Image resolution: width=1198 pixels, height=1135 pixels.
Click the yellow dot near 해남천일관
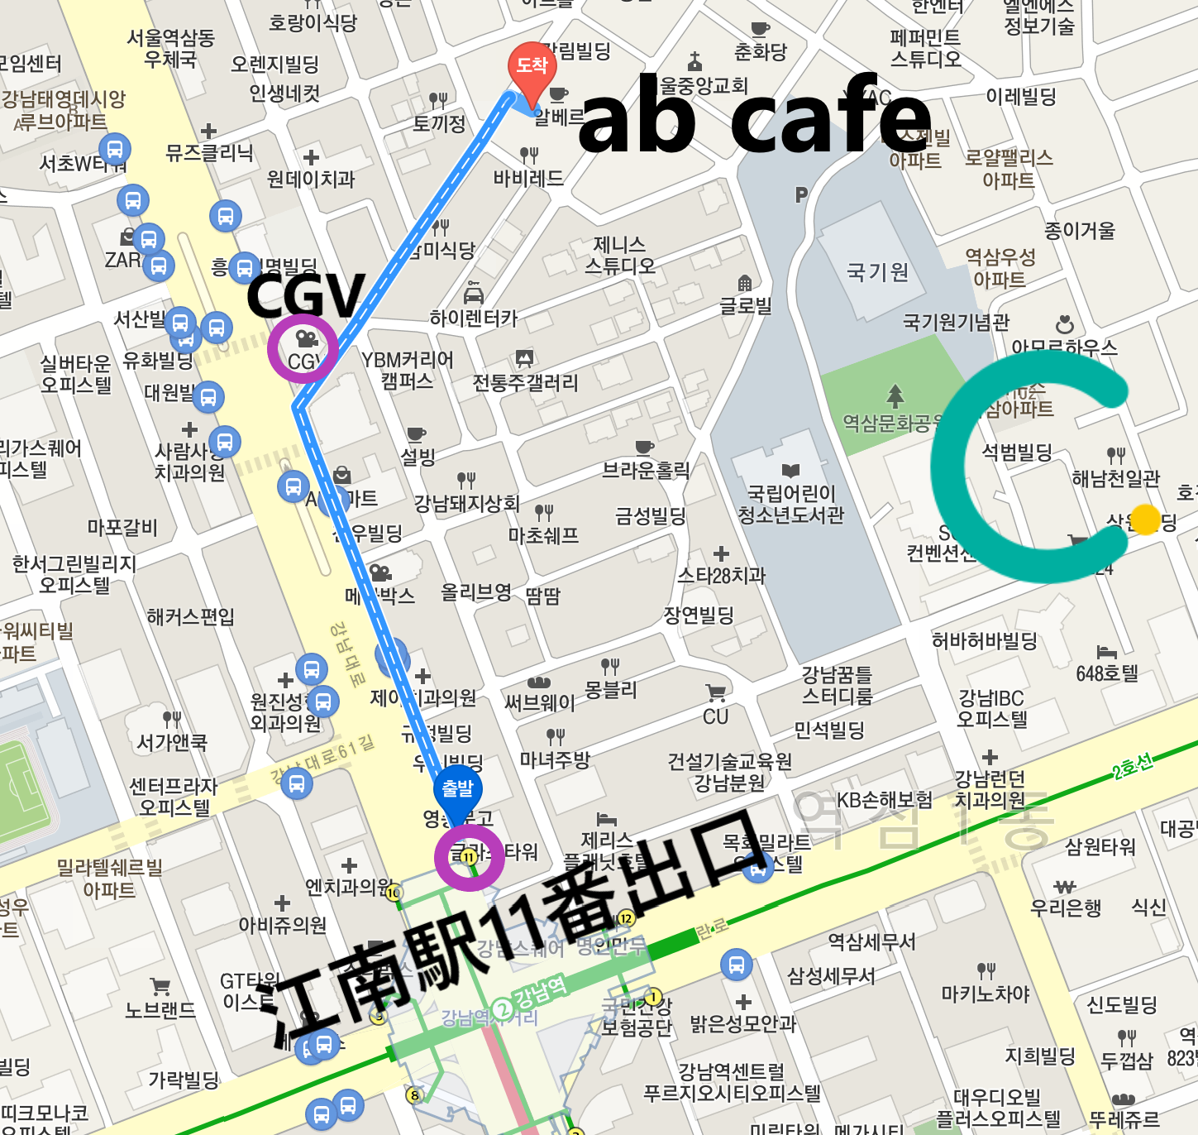coord(1145,520)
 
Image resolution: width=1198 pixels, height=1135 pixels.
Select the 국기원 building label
coord(877,271)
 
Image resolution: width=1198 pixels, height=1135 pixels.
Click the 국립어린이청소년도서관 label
coord(791,504)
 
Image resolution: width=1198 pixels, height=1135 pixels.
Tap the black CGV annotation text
coord(305,296)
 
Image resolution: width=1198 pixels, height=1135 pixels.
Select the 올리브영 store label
coord(476,592)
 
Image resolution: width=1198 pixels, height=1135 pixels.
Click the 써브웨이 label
coord(539,702)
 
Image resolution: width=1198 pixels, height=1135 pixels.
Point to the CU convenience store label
coord(716,716)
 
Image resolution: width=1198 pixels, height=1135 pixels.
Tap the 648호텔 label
coord(1107,673)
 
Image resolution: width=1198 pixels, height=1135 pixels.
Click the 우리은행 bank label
coord(1066,908)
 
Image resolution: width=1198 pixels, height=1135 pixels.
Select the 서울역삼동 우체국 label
coord(171,49)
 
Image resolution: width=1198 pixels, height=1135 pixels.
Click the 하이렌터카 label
coord(474,318)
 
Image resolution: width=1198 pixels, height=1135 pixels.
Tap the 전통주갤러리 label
coord(526,382)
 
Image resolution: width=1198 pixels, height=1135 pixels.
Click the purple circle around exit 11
coord(469,857)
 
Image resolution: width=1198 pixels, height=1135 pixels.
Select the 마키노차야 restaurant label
coord(986,993)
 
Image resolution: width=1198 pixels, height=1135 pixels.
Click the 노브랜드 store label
coord(161,1009)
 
